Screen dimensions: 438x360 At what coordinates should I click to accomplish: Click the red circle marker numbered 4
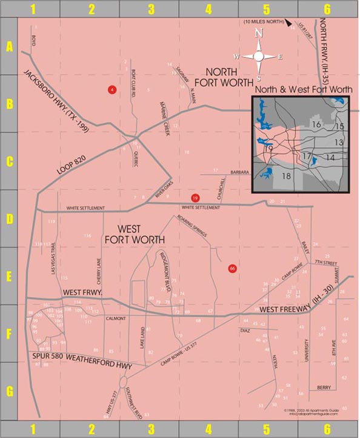click(112, 90)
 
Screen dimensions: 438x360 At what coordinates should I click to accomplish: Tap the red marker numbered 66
click(232, 268)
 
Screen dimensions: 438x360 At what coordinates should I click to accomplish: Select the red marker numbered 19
click(195, 198)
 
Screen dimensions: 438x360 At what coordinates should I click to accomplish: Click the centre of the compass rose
click(259, 56)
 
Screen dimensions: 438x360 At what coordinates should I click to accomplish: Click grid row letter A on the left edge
click(9, 46)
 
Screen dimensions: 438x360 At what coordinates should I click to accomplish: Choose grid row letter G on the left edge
click(9, 391)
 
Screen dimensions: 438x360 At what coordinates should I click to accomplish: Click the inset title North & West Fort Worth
click(304, 89)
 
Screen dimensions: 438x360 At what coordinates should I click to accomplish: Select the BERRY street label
click(324, 387)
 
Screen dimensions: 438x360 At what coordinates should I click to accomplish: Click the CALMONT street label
click(115, 318)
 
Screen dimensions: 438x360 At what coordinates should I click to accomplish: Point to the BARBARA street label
click(240, 172)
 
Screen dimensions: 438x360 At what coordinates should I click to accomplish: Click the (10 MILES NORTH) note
click(264, 22)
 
